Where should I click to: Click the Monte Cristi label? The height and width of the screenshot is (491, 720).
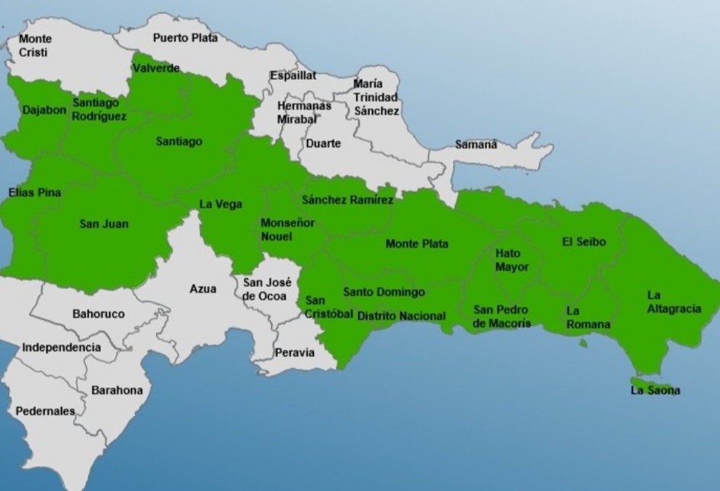pyautogui.click(x=35, y=45)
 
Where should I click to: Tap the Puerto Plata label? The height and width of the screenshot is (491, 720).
pyautogui.click(x=185, y=37)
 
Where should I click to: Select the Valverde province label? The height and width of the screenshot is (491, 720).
pyautogui.click(x=156, y=69)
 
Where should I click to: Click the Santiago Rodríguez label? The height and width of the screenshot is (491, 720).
pyautogui.click(x=100, y=110)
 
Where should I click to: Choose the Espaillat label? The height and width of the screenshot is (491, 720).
pyautogui.click(x=293, y=75)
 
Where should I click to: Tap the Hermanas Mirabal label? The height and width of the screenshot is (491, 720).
pyautogui.click(x=304, y=112)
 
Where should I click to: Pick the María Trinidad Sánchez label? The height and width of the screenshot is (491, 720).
pyautogui.click(x=376, y=97)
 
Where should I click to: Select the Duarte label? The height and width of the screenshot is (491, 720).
pyautogui.click(x=323, y=143)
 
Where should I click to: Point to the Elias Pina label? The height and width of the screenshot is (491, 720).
pyautogui.click(x=34, y=193)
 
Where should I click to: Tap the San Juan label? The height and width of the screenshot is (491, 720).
pyautogui.click(x=104, y=224)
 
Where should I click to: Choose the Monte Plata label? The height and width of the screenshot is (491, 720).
pyautogui.click(x=417, y=244)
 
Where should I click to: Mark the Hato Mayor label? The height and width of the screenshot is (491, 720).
pyautogui.click(x=511, y=260)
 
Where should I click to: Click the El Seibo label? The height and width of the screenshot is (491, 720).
pyautogui.click(x=584, y=241)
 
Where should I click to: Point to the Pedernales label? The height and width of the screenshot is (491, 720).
pyautogui.click(x=45, y=411)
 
